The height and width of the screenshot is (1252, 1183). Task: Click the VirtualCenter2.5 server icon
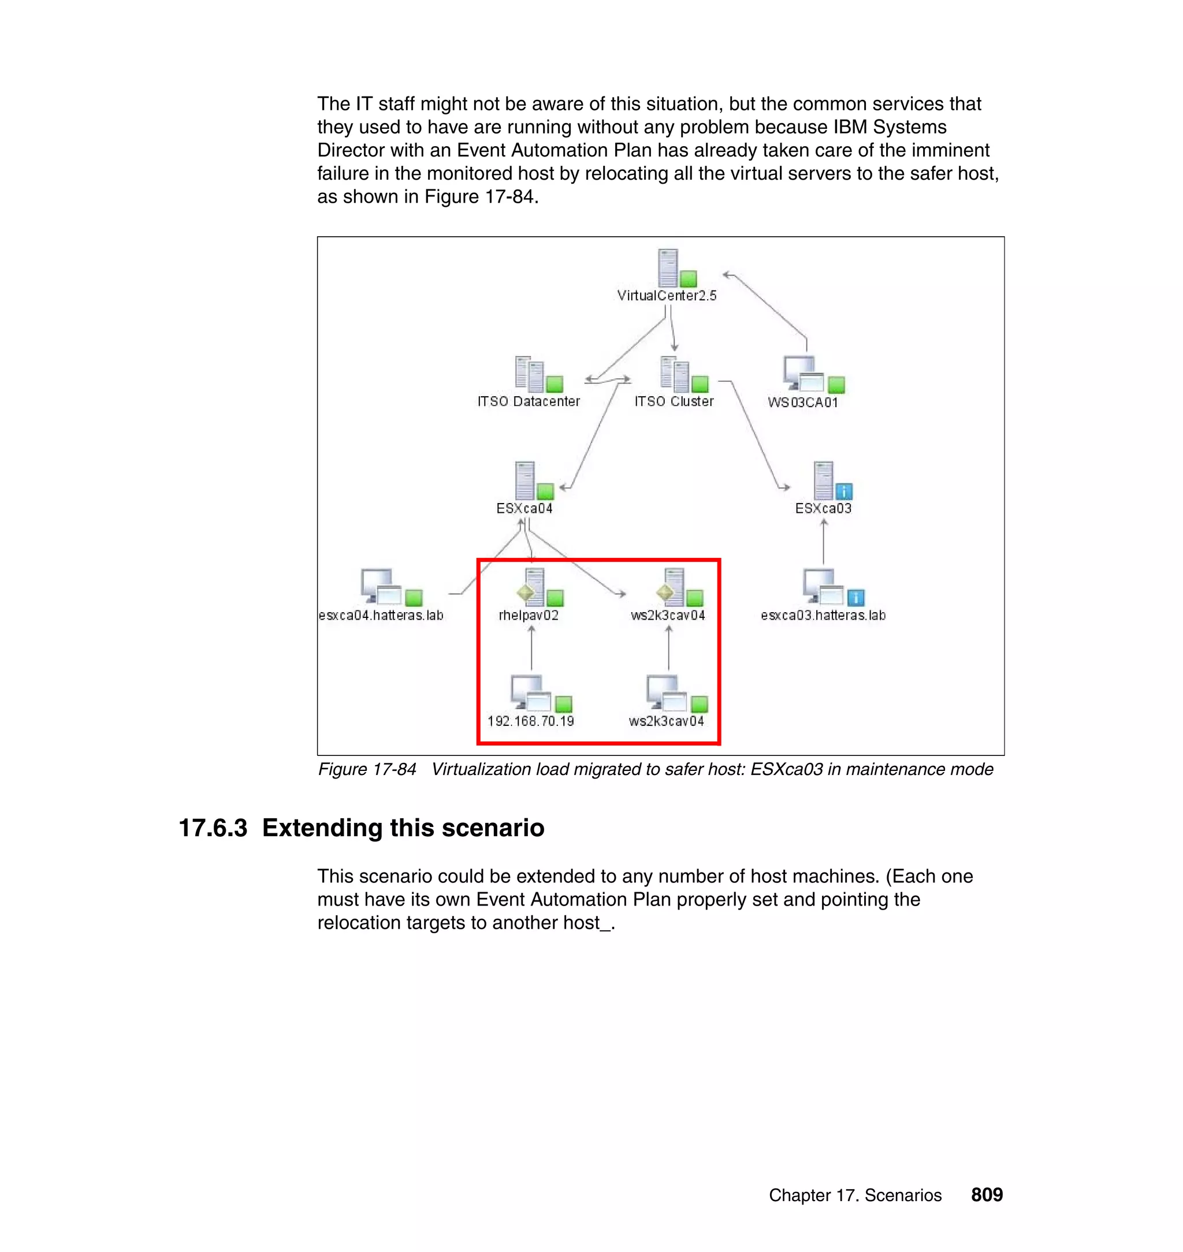[x=668, y=268]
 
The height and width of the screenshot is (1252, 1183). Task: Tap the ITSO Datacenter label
[x=529, y=401]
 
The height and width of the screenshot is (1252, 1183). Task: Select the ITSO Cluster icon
[x=675, y=374]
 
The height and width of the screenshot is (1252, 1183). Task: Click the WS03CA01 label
[x=803, y=402]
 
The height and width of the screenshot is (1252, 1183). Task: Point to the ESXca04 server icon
[x=524, y=480]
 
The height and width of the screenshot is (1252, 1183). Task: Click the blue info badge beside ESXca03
[x=844, y=491]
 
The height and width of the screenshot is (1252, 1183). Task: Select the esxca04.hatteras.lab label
[x=381, y=615]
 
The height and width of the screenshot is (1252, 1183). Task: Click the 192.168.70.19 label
[x=530, y=721]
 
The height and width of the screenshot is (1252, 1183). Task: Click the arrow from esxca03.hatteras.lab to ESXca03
[x=824, y=542]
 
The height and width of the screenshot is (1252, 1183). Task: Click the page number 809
[x=986, y=1195]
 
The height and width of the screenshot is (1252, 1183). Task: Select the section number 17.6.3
[x=213, y=828]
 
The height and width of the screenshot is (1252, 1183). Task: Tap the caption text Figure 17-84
[x=367, y=770]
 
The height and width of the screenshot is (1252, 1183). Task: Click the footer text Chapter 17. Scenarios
[x=854, y=1195]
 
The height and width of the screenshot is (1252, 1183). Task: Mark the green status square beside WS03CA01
[x=836, y=385]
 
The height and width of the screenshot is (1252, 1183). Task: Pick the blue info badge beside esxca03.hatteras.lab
[x=855, y=598]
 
